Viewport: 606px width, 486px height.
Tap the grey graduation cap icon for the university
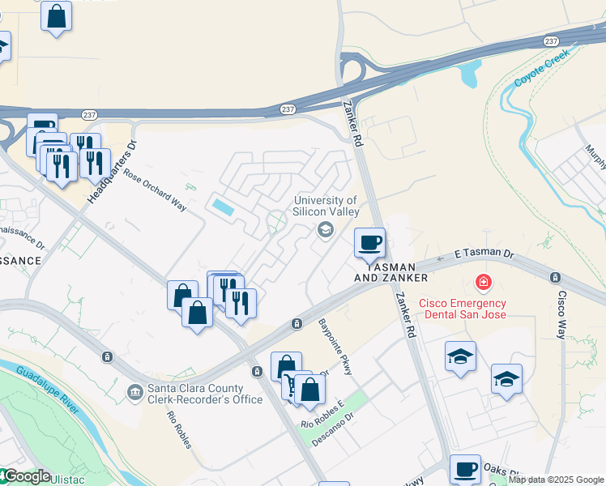tap(326, 231)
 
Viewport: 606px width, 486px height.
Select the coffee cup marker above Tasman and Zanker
tap(369, 242)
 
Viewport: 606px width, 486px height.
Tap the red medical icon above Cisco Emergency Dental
tap(483, 282)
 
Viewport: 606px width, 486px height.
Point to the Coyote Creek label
tap(541, 70)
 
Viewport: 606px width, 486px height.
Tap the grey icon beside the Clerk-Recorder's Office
tap(134, 393)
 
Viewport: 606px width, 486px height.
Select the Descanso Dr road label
tap(339, 426)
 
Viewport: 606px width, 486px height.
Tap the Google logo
tap(28, 476)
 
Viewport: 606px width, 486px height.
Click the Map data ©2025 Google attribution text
tap(556, 480)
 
